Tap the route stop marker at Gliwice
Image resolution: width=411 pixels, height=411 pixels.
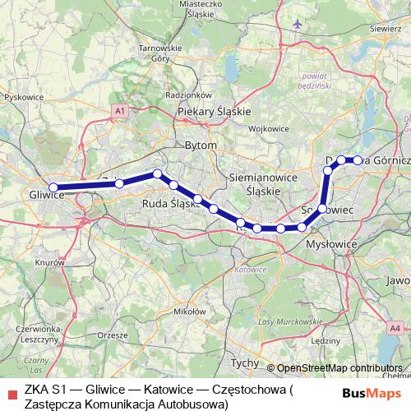tap(53, 187)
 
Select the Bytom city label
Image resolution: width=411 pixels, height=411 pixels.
tap(202, 145)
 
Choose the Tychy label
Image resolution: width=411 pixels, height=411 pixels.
tap(243, 362)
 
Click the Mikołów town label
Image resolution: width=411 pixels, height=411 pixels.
tap(188, 312)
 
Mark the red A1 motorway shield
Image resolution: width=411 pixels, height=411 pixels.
tap(121, 110)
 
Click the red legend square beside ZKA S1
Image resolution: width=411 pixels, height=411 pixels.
tap(10, 389)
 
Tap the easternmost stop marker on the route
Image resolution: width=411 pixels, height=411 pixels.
tap(358, 160)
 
